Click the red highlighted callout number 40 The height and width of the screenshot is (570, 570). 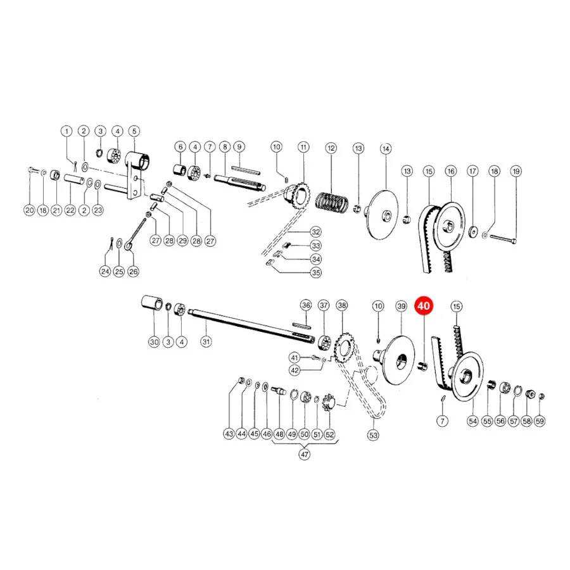point(424,306)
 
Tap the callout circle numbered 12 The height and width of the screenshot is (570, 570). point(331,148)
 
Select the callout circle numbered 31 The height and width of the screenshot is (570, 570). point(206,342)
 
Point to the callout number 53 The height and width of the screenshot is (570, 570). point(373,435)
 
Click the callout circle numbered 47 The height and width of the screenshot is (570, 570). point(304,454)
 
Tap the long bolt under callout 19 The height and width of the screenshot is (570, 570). point(503,239)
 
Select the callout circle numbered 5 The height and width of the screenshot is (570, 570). point(134,131)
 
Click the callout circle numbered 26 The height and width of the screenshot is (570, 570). point(134,272)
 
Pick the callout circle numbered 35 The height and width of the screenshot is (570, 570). point(316,272)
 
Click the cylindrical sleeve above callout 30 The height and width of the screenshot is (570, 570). point(152,303)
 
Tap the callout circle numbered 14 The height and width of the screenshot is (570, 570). point(386,149)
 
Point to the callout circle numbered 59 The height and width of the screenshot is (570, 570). point(540,421)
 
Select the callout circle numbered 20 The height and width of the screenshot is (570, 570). point(29,210)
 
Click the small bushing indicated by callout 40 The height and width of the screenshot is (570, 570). point(424,366)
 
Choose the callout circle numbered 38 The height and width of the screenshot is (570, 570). point(342,305)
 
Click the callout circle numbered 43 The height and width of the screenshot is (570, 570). point(229,434)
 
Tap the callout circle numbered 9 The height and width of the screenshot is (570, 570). point(239,147)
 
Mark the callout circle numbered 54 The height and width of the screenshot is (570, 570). point(472,421)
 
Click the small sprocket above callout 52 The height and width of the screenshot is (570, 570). point(330,402)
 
